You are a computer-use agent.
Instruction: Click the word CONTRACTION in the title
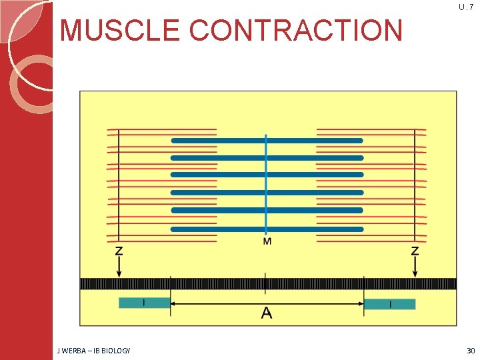(x=296, y=31)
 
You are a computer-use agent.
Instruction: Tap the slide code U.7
(x=466, y=7)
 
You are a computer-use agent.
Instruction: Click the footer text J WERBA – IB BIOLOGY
(x=94, y=350)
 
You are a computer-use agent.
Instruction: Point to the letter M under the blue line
(x=267, y=241)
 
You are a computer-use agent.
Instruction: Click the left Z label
(x=119, y=251)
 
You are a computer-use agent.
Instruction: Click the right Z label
(x=415, y=251)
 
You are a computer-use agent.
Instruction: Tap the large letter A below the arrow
(x=267, y=313)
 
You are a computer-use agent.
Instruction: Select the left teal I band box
(x=144, y=303)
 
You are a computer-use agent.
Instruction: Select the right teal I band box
(x=389, y=304)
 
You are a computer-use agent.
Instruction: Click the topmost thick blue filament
(x=267, y=141)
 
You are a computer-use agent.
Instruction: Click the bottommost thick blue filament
(x=267, y=229)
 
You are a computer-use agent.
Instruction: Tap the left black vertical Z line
(x=119, y=187)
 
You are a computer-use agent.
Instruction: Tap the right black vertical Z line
(x=415, y=187)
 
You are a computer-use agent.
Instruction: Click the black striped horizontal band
(x=200, y=284)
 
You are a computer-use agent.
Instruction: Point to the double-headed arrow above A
(x=220, y=303)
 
